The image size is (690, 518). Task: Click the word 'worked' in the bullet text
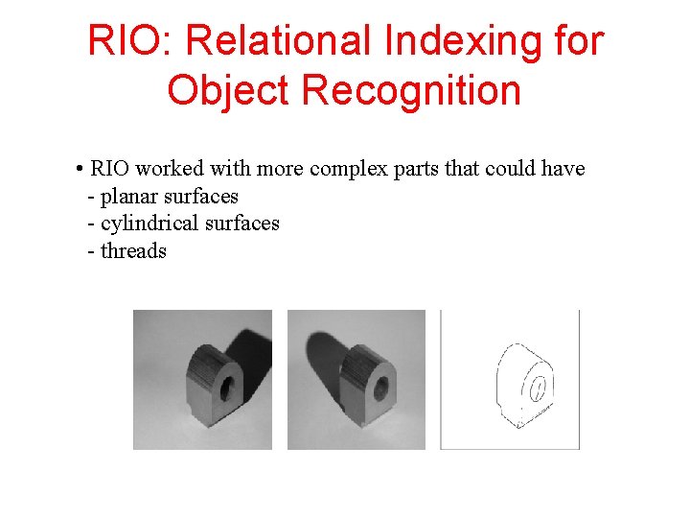(170, 169)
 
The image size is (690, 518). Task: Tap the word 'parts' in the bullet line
(414, 169)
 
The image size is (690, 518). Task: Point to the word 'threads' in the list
(133, 251)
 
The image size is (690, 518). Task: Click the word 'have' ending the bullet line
(562, 169)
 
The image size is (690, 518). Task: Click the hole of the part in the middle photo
(380, 388)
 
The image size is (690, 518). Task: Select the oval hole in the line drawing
(538, 388)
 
